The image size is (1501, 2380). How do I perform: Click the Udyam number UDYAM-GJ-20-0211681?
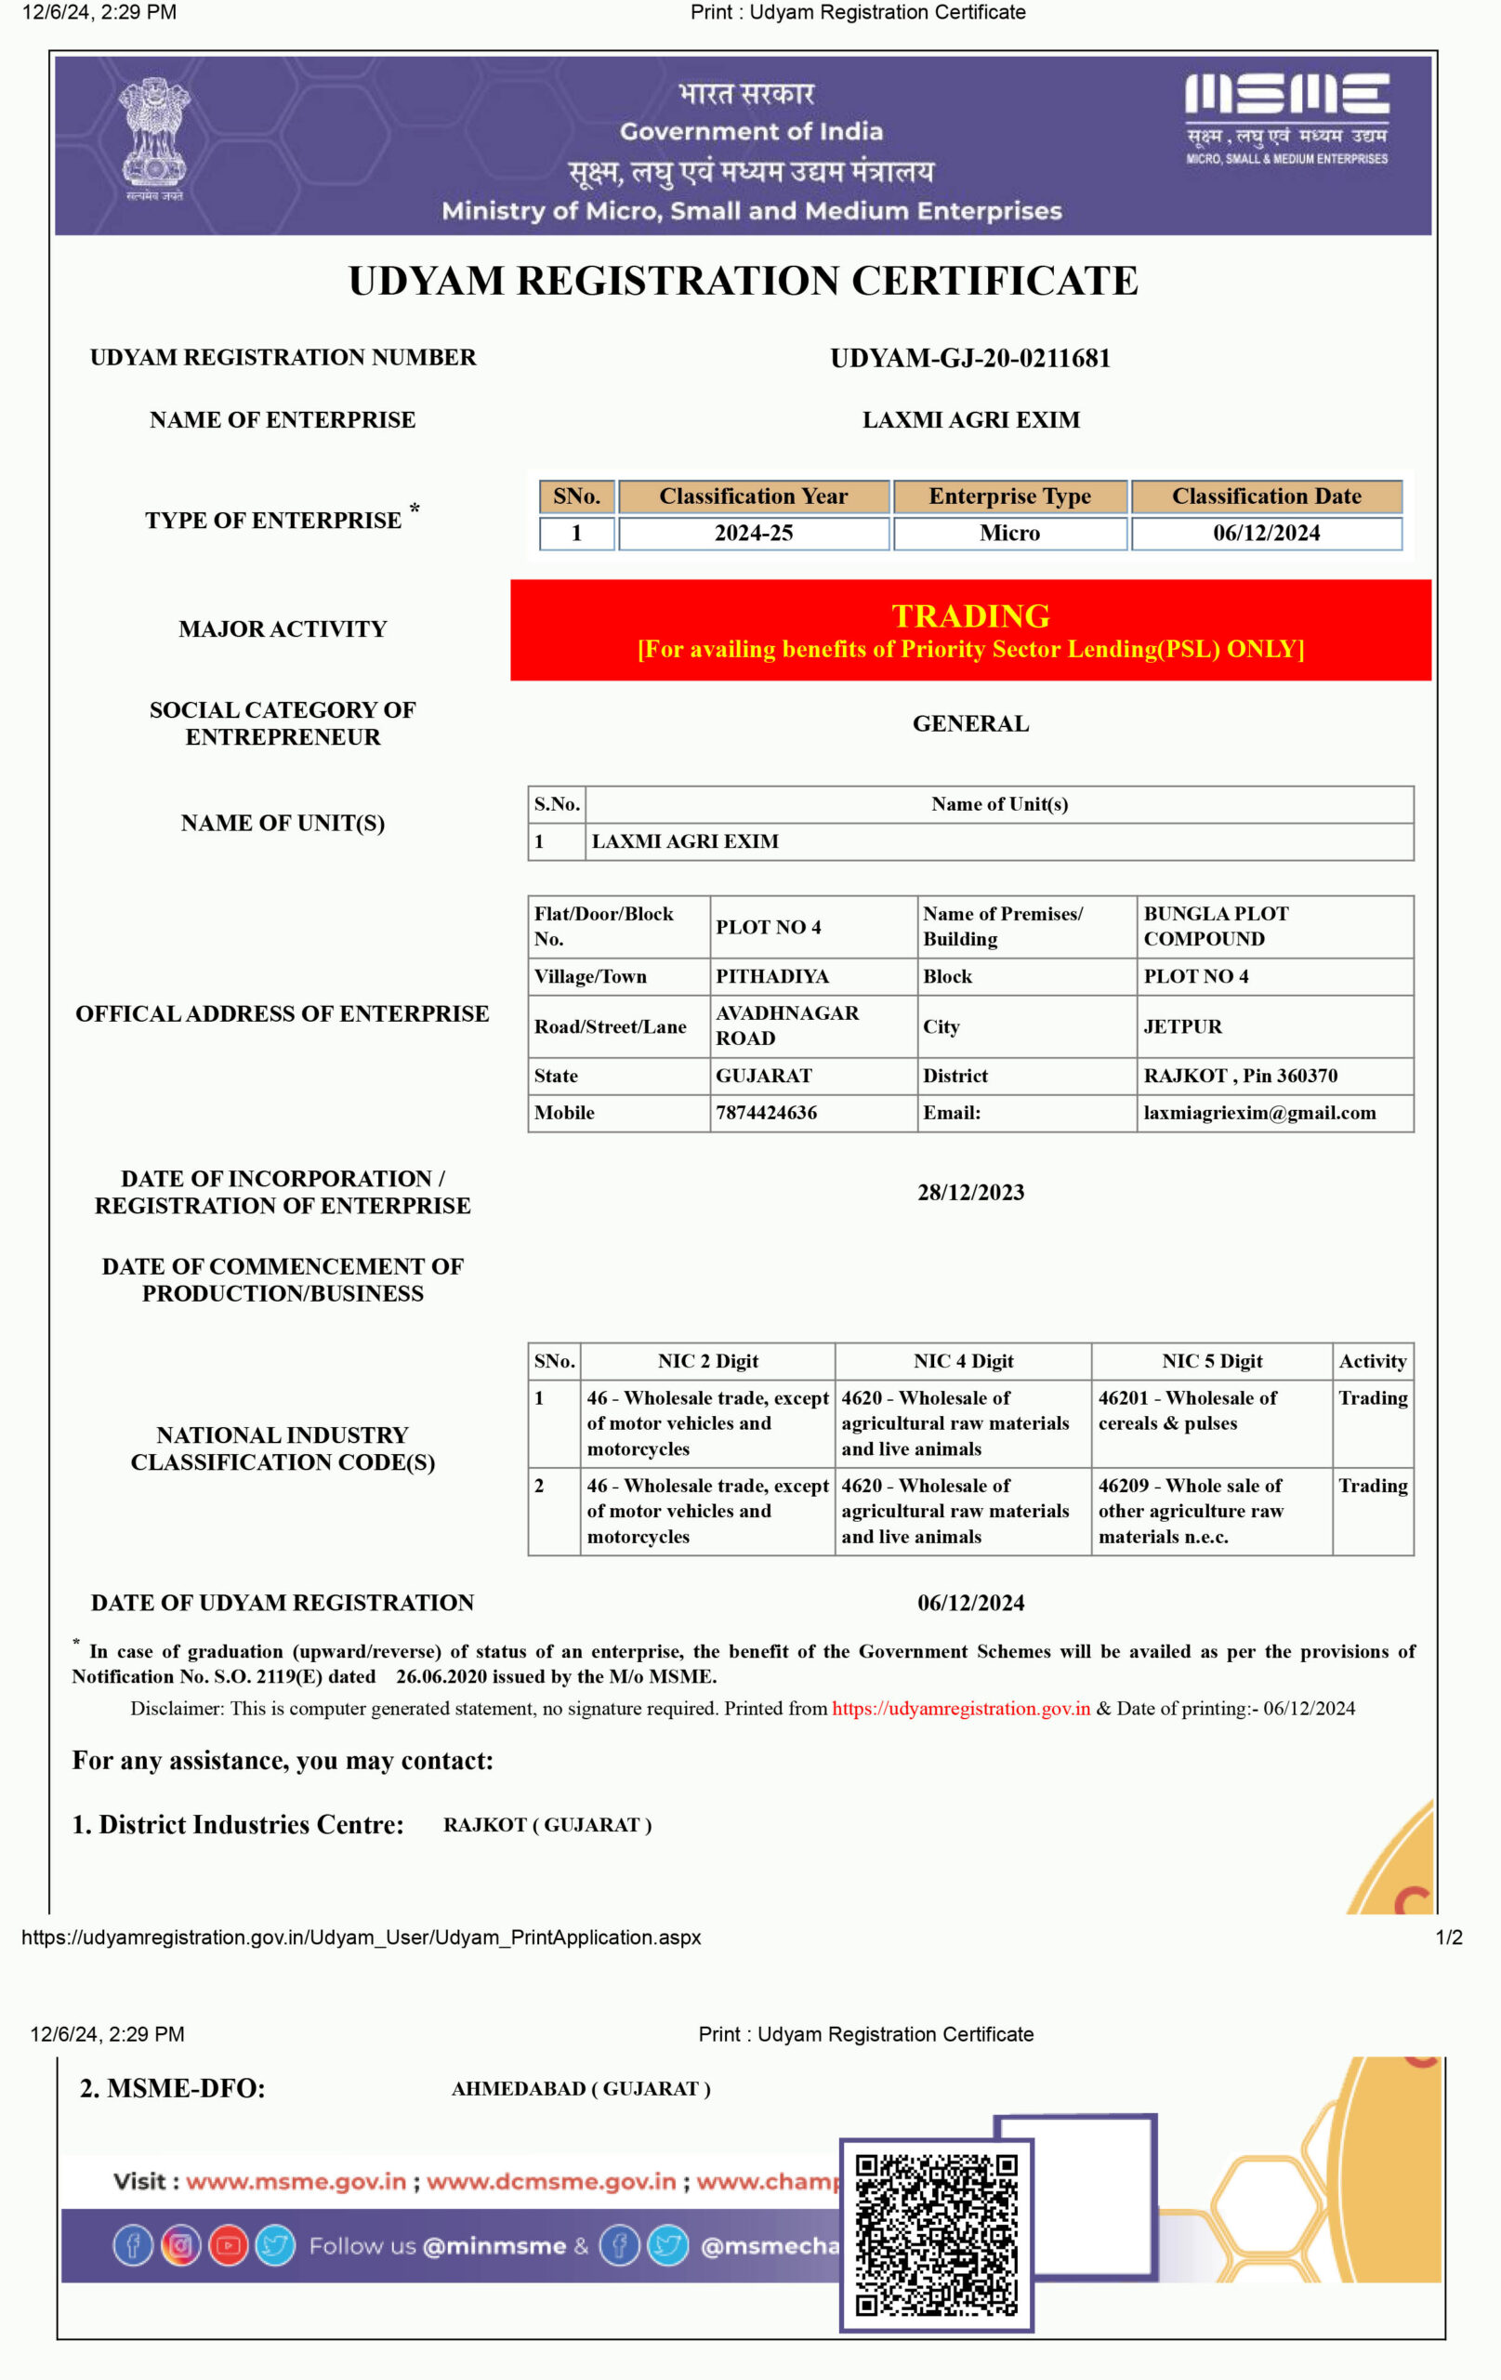coord(969,358)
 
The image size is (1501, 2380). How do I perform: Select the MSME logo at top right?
coord(1286,116)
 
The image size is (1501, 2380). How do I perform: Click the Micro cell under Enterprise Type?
coord(1009,533)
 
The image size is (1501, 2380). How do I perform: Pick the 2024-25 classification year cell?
coord(753,533)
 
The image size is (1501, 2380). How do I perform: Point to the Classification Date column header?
coord(1266,496)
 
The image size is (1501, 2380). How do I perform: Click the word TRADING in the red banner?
coord(970,615)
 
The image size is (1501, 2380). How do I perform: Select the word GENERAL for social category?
coord(970,723)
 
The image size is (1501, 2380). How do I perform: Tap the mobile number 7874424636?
coord(766,1112)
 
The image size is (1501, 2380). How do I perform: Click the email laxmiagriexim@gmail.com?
coord(1259,1112)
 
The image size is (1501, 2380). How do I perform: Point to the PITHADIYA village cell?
coord(771,975)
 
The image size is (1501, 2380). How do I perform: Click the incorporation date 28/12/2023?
coord(970,1192)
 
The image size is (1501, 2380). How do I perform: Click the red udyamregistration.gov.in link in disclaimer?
coord(960,1708)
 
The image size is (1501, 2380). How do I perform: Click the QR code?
coord(935,2235)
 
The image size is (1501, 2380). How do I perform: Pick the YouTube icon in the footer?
coord(228,2245)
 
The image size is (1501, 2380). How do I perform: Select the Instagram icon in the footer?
coord(180,2245)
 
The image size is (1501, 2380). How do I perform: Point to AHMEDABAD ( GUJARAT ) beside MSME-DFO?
coord(580,2088)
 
